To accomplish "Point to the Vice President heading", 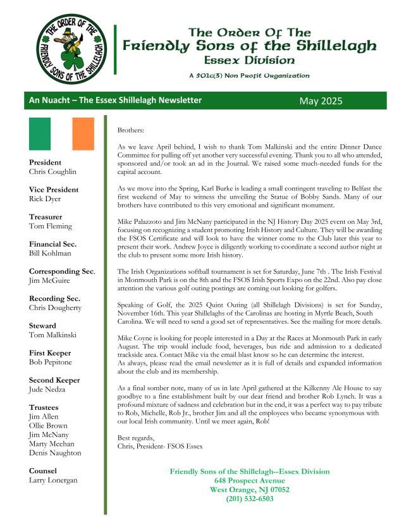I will tap(54, 189).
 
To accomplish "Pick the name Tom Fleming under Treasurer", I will tap(51, 226).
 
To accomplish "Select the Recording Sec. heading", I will tap(55, 299).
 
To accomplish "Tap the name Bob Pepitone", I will tap(51, 362).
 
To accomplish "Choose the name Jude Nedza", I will tap(47, 390).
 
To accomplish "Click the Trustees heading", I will tap(46, 408).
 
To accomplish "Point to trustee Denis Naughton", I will tap(55, 453).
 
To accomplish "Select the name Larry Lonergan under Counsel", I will tap(53, 480).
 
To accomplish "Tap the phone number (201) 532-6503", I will tap(250, 498).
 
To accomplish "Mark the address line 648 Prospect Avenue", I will tap(250, 481).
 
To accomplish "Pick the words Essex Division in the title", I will tap(250, 61).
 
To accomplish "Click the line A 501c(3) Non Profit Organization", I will tap(249, 76).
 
